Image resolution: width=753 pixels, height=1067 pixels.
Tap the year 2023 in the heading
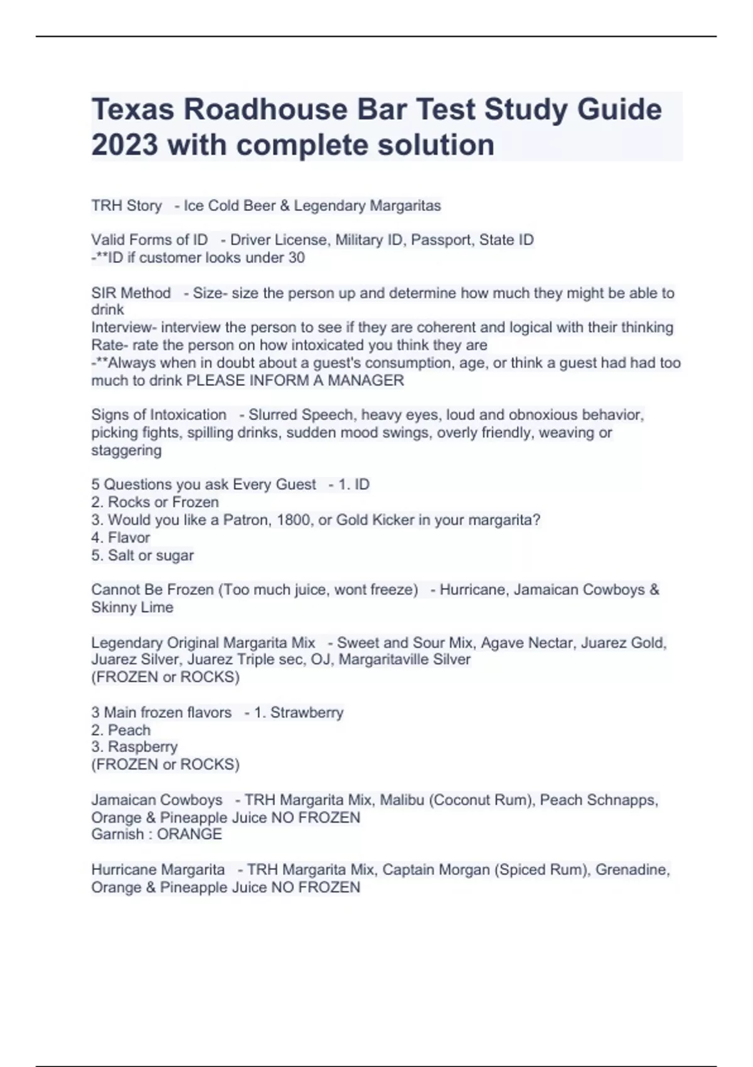click(x=124, y=145)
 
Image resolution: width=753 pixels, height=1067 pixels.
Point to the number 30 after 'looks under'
click(x=296, y=257)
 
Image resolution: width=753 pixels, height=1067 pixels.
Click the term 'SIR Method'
click(x=131, y=293)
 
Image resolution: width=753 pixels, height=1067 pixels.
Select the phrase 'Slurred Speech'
click(x=301, y=415)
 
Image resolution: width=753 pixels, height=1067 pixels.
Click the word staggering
click(x=126, y=450)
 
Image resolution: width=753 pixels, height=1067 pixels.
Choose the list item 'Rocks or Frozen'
click(x=163, y=502)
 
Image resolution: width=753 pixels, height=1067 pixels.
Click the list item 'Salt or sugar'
click(x=151, y=555)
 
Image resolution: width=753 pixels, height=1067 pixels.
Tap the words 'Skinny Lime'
click(x=132, y=607)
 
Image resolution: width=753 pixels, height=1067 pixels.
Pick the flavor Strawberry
click(x=307, y=712)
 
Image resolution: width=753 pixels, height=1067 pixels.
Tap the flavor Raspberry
click(x=142, y=747)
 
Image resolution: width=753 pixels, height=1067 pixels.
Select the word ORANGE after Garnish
click(x=189, y=834)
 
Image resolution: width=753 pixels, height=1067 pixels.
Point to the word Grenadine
click(x=631, y=870)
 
